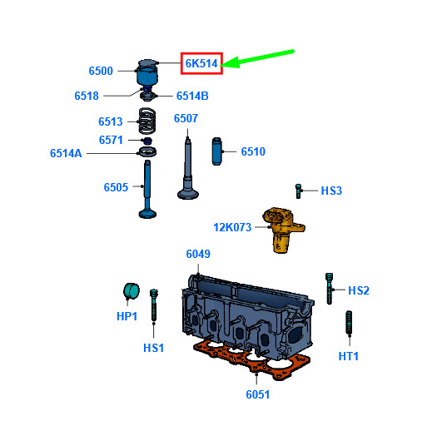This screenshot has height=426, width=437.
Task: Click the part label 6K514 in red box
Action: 201,63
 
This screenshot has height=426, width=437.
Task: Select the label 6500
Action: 101,71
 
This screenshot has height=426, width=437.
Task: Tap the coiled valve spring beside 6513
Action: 147,121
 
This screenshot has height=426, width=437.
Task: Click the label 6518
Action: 87,96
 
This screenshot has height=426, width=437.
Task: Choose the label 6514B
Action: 192,96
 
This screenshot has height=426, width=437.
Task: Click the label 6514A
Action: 66,153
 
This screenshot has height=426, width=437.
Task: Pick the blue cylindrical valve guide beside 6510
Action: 216,151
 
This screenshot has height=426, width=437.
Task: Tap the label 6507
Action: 186,118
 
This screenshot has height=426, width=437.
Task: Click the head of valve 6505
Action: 147,214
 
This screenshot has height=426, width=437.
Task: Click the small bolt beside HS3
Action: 298,191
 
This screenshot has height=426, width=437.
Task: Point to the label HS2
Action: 359,290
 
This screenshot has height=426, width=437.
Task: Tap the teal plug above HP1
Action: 132,291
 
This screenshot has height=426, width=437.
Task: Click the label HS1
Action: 153,348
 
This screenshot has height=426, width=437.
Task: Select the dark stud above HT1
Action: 349,322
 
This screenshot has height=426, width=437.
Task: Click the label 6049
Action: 198,254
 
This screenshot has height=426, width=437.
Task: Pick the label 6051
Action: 258,394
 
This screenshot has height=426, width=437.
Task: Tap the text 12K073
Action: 232,227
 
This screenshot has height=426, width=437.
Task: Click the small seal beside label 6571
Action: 147,141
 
